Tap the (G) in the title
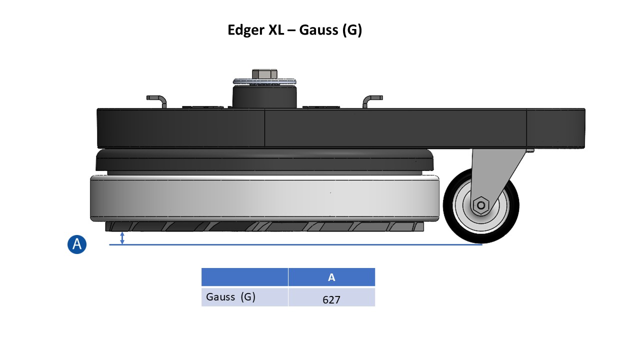click(351, 30)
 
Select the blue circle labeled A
click(77, 244)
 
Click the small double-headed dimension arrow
click(122, 238)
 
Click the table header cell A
click(331, 277)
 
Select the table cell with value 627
click(331, 299)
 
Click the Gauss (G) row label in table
click(231, 297)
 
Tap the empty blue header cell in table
click(244, 277)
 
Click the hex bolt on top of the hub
click(264, 74)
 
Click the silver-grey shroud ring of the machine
click(265, 199)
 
